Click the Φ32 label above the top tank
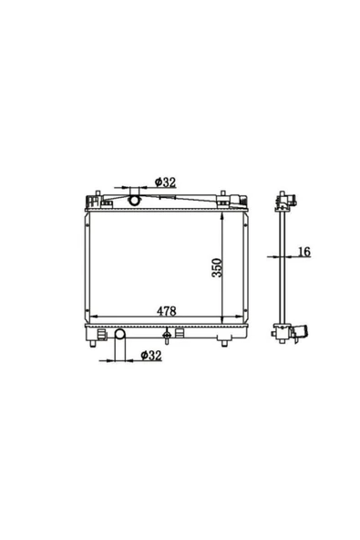pyautogui.click(x=165, y=182)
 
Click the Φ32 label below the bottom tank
pyautogui.click(x=151, y=355)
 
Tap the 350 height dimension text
pyautogui.click(x=218, y=267)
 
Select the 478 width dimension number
pyautogui.click(x=167, y=311)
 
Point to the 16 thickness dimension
pyautogui.click(x=303, y=252)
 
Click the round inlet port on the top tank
pyautogui.click(x=134, y=200)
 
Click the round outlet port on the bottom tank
pyautogui.click(x=119, y=334)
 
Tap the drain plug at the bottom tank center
pyautogui.click(x=167, y=335)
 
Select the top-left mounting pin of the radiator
pyautogui.click(x=98, y=193)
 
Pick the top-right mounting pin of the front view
pyautogui.click(x=222, y=193)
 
